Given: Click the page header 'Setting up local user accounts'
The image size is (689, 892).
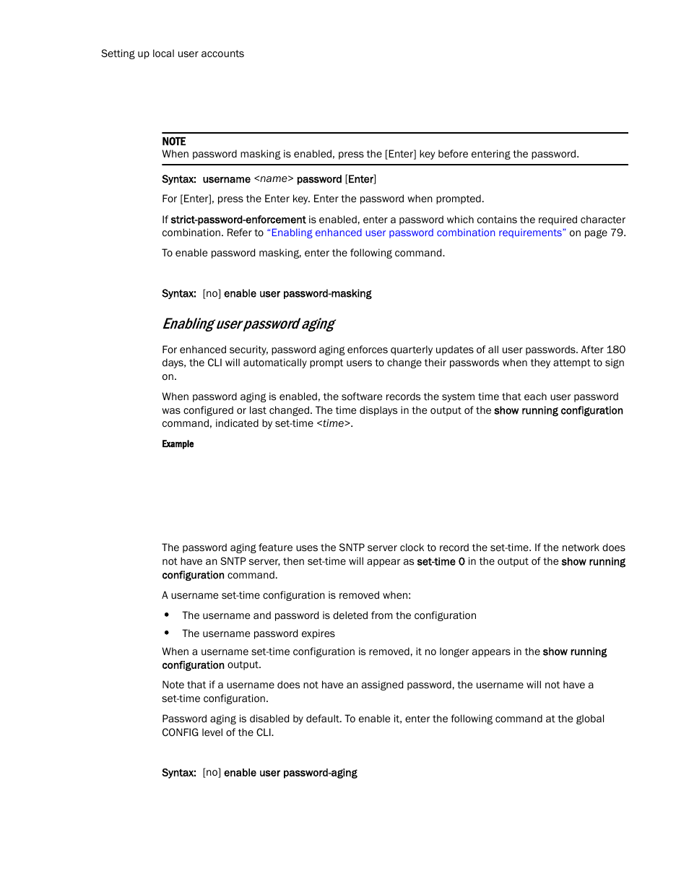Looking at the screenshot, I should (173, 53).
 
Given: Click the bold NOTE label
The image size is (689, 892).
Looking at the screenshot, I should (174, 142).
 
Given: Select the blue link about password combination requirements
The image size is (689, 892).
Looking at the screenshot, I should (417, 233).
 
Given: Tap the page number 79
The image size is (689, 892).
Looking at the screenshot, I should (617, 233).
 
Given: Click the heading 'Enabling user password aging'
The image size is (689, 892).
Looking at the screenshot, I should (248, 324).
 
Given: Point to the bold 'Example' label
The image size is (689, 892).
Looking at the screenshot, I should (178, 444).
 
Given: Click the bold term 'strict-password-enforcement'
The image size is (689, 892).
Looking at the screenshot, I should (238, 220).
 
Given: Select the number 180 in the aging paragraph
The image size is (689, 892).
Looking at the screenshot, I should (616, 350).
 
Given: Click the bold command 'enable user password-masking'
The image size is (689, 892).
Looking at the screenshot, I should (298, 293).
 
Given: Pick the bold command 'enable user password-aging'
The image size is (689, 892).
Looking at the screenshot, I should (290, 773).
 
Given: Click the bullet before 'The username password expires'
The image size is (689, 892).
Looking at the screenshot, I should (167, 633).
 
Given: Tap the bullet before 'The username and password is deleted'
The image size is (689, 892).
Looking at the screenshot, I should (167, 615).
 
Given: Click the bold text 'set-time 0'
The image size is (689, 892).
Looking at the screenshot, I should (441, 561).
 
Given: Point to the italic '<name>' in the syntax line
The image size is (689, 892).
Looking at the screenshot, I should (274, 179).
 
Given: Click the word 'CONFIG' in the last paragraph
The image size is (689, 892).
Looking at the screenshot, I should (181, 732).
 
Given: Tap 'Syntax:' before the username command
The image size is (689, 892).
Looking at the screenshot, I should (179, 179).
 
